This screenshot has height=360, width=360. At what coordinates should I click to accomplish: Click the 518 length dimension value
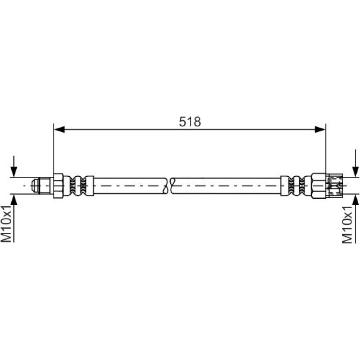190,122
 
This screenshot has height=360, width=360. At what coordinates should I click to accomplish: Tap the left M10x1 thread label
6,224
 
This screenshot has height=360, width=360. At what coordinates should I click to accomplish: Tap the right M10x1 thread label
347,224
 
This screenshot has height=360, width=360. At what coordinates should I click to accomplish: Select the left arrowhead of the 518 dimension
59,130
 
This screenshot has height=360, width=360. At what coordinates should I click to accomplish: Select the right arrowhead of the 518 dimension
320,130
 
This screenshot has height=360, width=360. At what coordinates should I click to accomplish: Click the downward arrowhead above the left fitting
14,172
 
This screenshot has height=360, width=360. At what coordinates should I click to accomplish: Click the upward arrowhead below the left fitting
14,200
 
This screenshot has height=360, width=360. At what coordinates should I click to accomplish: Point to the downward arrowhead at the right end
355,172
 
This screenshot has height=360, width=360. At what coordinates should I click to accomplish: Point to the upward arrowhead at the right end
355,200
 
